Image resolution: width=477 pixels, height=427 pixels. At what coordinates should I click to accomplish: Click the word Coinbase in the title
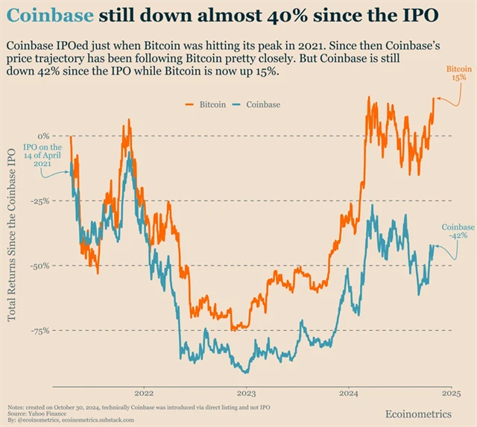(x=51, y=16)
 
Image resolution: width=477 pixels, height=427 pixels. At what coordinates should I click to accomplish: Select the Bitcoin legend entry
(x=206, y=104)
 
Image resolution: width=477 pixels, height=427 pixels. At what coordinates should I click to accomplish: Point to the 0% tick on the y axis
(x=42, y=136)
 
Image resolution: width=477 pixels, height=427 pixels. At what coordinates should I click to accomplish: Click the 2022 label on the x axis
(x=143, y=393)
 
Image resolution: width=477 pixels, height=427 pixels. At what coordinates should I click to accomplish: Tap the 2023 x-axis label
(x=246, y=393)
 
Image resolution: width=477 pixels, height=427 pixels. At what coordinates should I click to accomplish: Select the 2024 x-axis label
(x=349, y=393)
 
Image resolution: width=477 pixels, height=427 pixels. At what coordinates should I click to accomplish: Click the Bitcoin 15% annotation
(x=458, y=74)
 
